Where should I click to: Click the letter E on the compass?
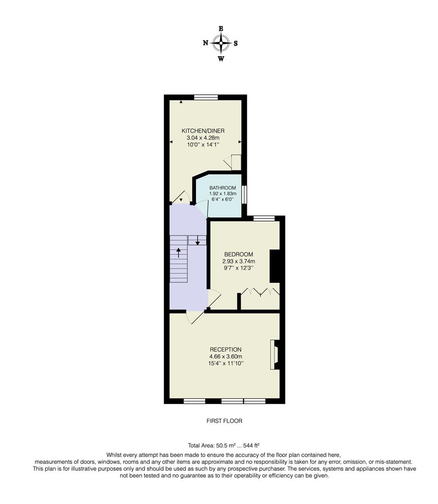pos(221,28)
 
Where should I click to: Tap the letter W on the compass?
pos(221,58)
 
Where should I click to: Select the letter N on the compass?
pos(206,43)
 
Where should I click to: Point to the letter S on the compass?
pos(236,43)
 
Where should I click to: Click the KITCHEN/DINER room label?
pos(203,131)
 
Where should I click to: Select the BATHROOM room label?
pos(222,188)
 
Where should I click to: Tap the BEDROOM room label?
pos(239,254)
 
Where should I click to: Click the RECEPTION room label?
pos(226,350)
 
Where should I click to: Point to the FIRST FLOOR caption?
pos(224,421)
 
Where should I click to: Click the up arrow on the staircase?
pos(179,252)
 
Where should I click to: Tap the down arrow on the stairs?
pos(198,240)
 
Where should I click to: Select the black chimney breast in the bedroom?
pos(274,266)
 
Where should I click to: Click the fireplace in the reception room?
pos(275,355)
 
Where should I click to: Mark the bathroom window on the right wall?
pos(244,195)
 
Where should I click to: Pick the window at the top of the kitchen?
pos(206,97)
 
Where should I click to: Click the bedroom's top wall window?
pos(264,218)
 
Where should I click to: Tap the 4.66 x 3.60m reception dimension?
pos(226,357)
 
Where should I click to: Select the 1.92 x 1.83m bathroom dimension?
pos(222,194)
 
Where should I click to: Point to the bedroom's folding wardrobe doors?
pos(260,292)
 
